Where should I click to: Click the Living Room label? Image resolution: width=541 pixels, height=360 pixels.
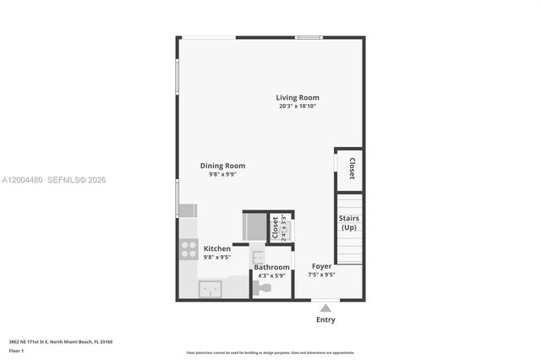coord(297,97)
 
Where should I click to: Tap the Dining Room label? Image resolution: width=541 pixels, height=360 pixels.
coord(222,166)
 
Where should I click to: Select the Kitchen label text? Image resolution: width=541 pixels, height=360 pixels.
coord(216,248)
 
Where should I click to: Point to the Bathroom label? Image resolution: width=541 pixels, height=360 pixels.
coord(271,267)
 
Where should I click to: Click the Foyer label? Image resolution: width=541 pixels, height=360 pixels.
coord(321,266)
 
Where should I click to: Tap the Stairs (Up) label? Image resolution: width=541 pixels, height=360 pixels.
coord(348,224)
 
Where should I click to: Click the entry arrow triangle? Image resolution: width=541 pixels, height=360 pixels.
coord(325,308)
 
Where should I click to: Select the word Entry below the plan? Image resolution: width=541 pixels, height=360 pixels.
coord(325,319)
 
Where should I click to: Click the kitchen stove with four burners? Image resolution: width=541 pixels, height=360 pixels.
coord(189,249)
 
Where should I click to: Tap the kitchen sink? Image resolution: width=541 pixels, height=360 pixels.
coord(210,289)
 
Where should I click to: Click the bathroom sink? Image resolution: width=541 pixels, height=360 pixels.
coord(258,255)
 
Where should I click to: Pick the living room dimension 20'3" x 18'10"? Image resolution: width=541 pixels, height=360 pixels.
coord(297,106)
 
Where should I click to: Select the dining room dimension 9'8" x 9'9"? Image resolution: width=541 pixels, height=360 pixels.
coord(222,174)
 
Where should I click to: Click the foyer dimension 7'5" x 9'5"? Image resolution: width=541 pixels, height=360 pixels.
coord(321,275)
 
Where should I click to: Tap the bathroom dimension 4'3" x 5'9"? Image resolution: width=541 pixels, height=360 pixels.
coord(271,275)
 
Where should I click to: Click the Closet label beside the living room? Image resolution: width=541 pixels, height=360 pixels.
coord(351,169)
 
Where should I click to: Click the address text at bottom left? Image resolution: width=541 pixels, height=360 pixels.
coord(61,341)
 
